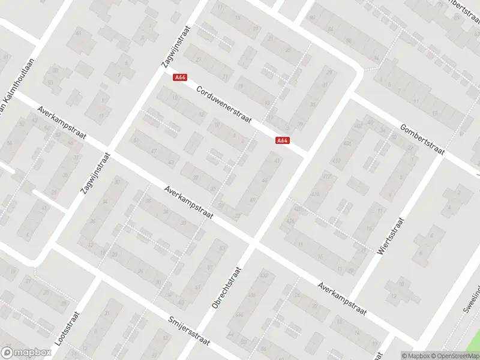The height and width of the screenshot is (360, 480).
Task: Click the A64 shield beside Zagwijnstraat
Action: [x=179, y=77]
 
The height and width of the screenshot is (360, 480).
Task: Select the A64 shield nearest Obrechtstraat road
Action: [x=283, y=140]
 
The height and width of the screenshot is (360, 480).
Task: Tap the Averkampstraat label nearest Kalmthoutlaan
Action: [x=59, y=122]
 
